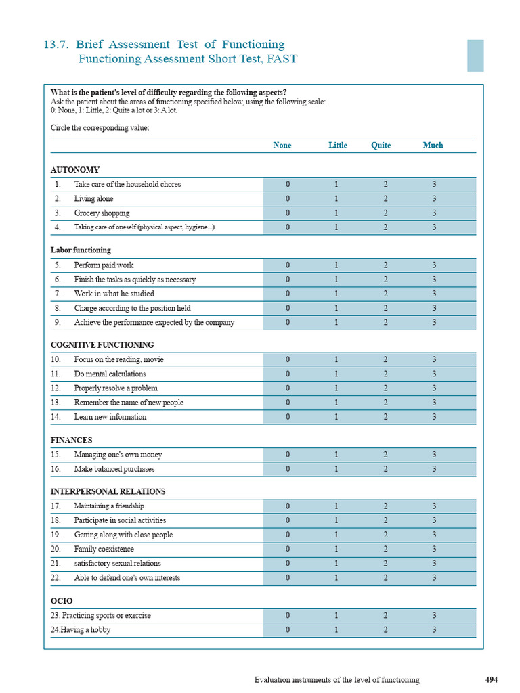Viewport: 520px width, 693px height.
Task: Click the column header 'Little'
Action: tap(337, 146)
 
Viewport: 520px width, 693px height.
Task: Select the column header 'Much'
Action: tap(433, 146)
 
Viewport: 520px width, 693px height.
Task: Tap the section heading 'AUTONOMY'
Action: tap(75, 170)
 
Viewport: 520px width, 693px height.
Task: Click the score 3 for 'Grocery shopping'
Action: tap(434, 213)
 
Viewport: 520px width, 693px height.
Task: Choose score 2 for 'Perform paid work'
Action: tap(385, 265)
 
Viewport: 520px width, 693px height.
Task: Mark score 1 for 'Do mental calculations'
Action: tap(337, 374)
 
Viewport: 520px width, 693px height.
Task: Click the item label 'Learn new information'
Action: tap(110, 417)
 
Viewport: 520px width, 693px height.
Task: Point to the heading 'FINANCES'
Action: tap(71, 440)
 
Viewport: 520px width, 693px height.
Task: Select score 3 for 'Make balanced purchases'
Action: tap(434, 469)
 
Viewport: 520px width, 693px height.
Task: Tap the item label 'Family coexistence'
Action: tap(104, 550)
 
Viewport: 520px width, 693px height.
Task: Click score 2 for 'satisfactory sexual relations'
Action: tap(385, 564)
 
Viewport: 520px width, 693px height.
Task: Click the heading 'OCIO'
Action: tap(62, 601)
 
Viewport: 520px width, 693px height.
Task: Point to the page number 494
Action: tap(492, 680)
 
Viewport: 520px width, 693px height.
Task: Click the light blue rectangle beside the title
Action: tap(475, 55)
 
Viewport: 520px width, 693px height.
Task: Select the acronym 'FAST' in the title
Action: tap(282, 59)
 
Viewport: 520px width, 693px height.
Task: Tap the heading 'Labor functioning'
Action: tap(81, 250)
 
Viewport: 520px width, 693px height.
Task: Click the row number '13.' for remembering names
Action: tap(57, 403)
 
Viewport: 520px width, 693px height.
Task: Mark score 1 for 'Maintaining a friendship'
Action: tap(337, 506)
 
